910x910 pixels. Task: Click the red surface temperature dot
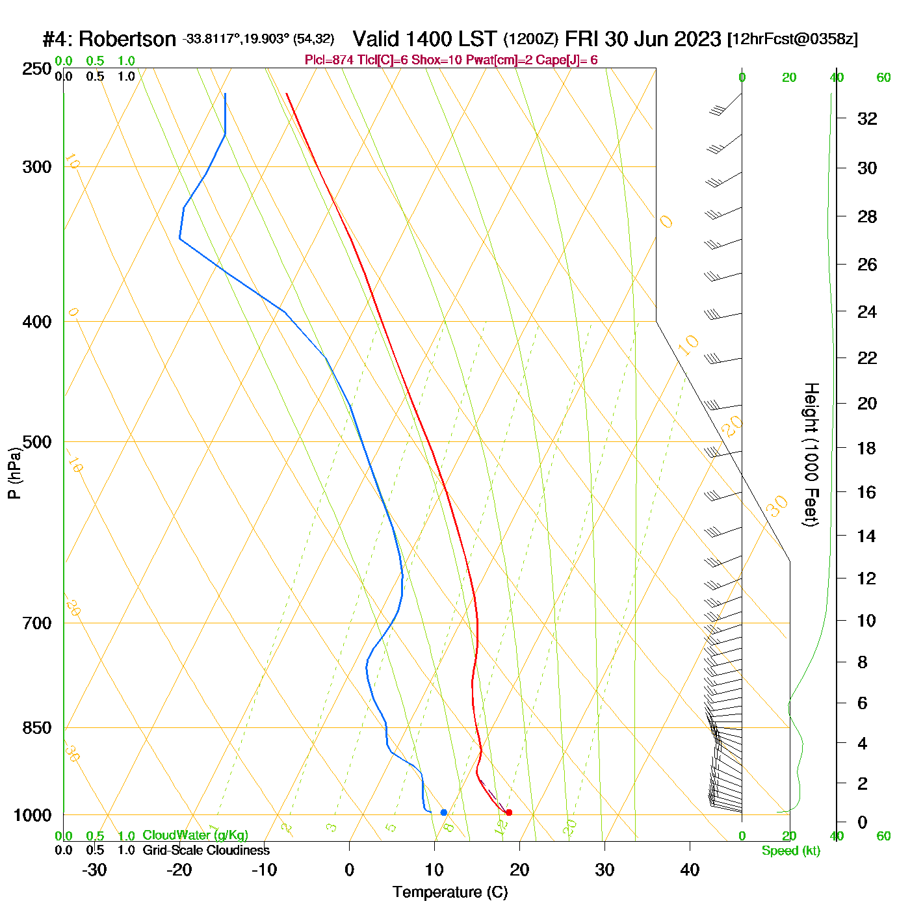509,812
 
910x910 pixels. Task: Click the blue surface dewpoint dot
444,812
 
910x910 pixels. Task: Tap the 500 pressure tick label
37,442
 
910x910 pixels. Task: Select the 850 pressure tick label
37,728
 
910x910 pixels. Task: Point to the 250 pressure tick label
37,69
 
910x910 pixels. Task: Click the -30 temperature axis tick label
94,870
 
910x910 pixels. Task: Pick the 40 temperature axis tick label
690,870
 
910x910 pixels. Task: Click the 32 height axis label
867,118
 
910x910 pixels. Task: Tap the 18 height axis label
866,448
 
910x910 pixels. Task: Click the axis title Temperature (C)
450,892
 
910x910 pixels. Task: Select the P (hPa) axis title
14,473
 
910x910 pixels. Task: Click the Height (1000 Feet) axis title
811,454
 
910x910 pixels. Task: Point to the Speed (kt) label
791,851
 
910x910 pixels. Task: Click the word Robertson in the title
127,39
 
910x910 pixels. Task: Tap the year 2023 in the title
697,39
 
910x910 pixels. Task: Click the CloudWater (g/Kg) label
195,835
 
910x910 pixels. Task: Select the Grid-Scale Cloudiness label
206,850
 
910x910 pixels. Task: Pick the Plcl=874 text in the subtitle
330,60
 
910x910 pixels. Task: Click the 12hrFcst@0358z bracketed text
793,39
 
